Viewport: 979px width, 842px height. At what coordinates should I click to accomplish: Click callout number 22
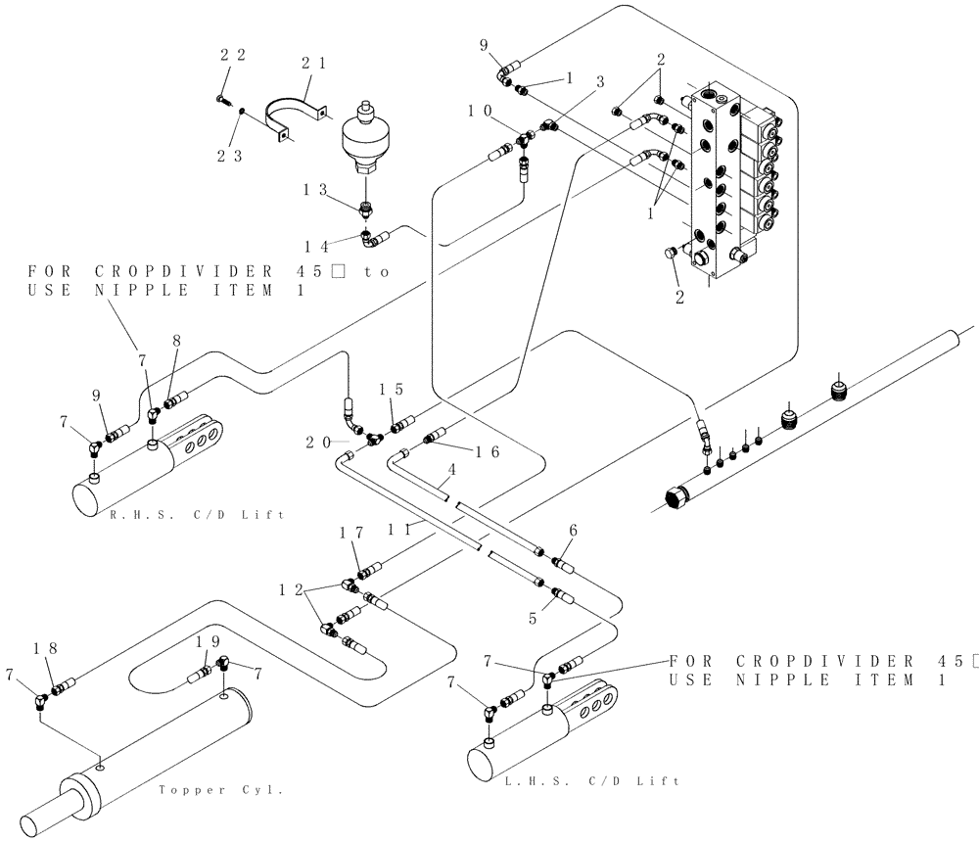pos(232,56)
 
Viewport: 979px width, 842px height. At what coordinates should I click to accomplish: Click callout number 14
pos(319,245)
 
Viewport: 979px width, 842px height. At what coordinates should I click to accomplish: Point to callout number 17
pos(350,534)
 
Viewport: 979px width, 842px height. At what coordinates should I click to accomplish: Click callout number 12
pos(291,589)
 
